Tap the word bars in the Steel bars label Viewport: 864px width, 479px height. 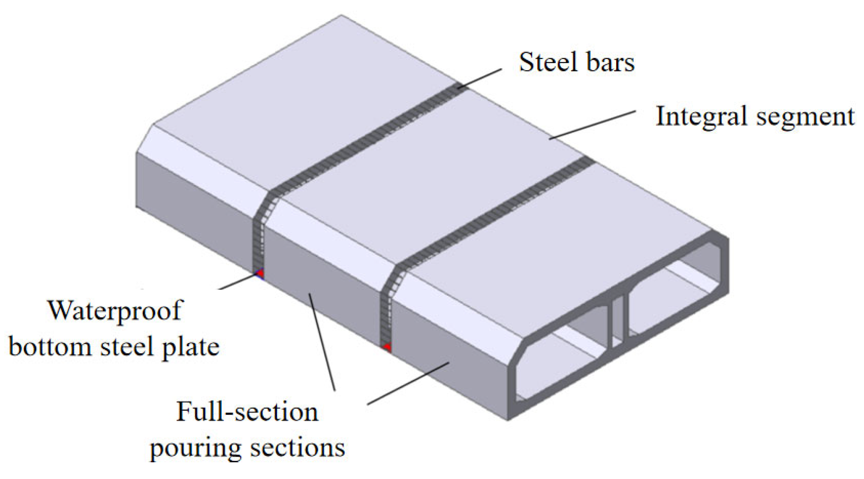coord(611,62)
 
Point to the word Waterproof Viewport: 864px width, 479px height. coord(115,311)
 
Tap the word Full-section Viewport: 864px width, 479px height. coord(247,412)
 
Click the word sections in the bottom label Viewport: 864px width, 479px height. coord(298,448)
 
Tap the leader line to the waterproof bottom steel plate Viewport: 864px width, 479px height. coord(238,282)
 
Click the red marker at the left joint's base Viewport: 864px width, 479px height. coord(259,273)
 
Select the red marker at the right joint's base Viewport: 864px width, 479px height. coord(387,346)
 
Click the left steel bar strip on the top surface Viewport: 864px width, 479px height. coord(364,137)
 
